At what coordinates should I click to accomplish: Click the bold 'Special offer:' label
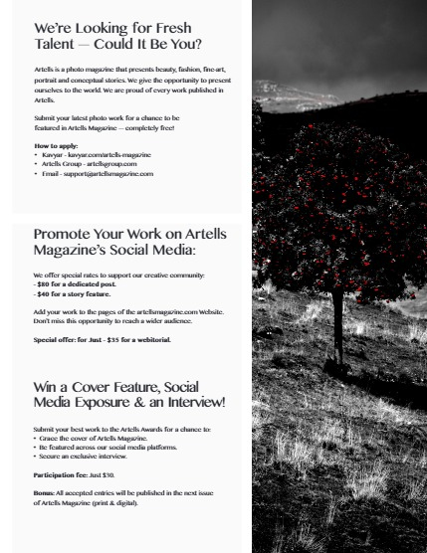[56, 340]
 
